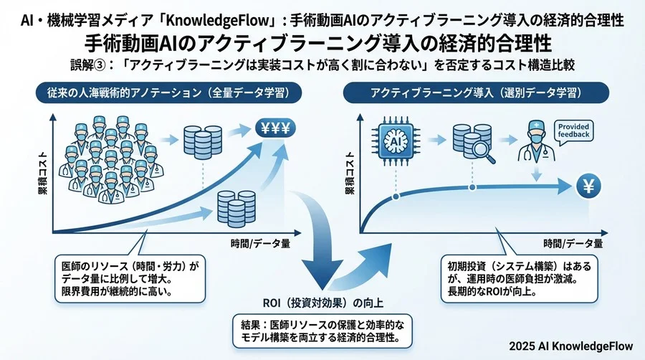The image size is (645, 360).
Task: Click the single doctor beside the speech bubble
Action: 534,141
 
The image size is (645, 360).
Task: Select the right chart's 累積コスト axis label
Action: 350,171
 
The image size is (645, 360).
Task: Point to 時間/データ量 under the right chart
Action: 573,242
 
